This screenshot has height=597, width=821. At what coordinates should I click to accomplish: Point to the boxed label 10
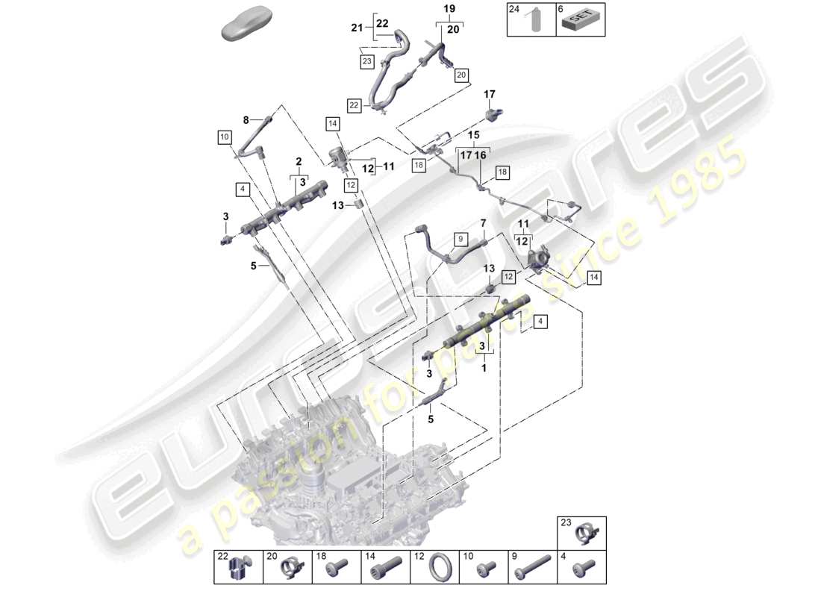pyautogui.click(x=224, y=137)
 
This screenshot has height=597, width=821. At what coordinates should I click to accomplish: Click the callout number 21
pyautogui.click(x=357, y=28)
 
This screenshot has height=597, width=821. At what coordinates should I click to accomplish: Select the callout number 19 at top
pyautogui.click(x=449, y=9)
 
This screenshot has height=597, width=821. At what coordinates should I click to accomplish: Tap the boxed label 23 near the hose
pyautogui.click(x=366, y=62)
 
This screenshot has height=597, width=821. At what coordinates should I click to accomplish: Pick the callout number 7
pyautogui.click(x=483, y=223)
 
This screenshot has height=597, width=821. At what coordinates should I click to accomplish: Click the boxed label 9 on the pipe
pyautogui.click(x=461, y=240)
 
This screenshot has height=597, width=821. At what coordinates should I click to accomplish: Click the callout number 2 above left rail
pyautogui.click(x=298, y=160)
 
